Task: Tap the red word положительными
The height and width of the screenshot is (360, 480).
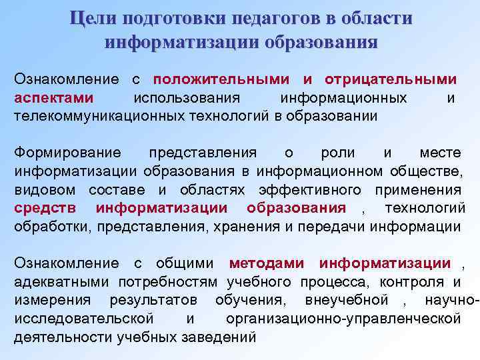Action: point(221,79)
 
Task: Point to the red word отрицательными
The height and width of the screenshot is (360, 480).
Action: point(391,79)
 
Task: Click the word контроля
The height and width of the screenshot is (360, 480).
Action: point(417,282)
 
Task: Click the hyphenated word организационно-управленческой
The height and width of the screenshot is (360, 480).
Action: point(343,319)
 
